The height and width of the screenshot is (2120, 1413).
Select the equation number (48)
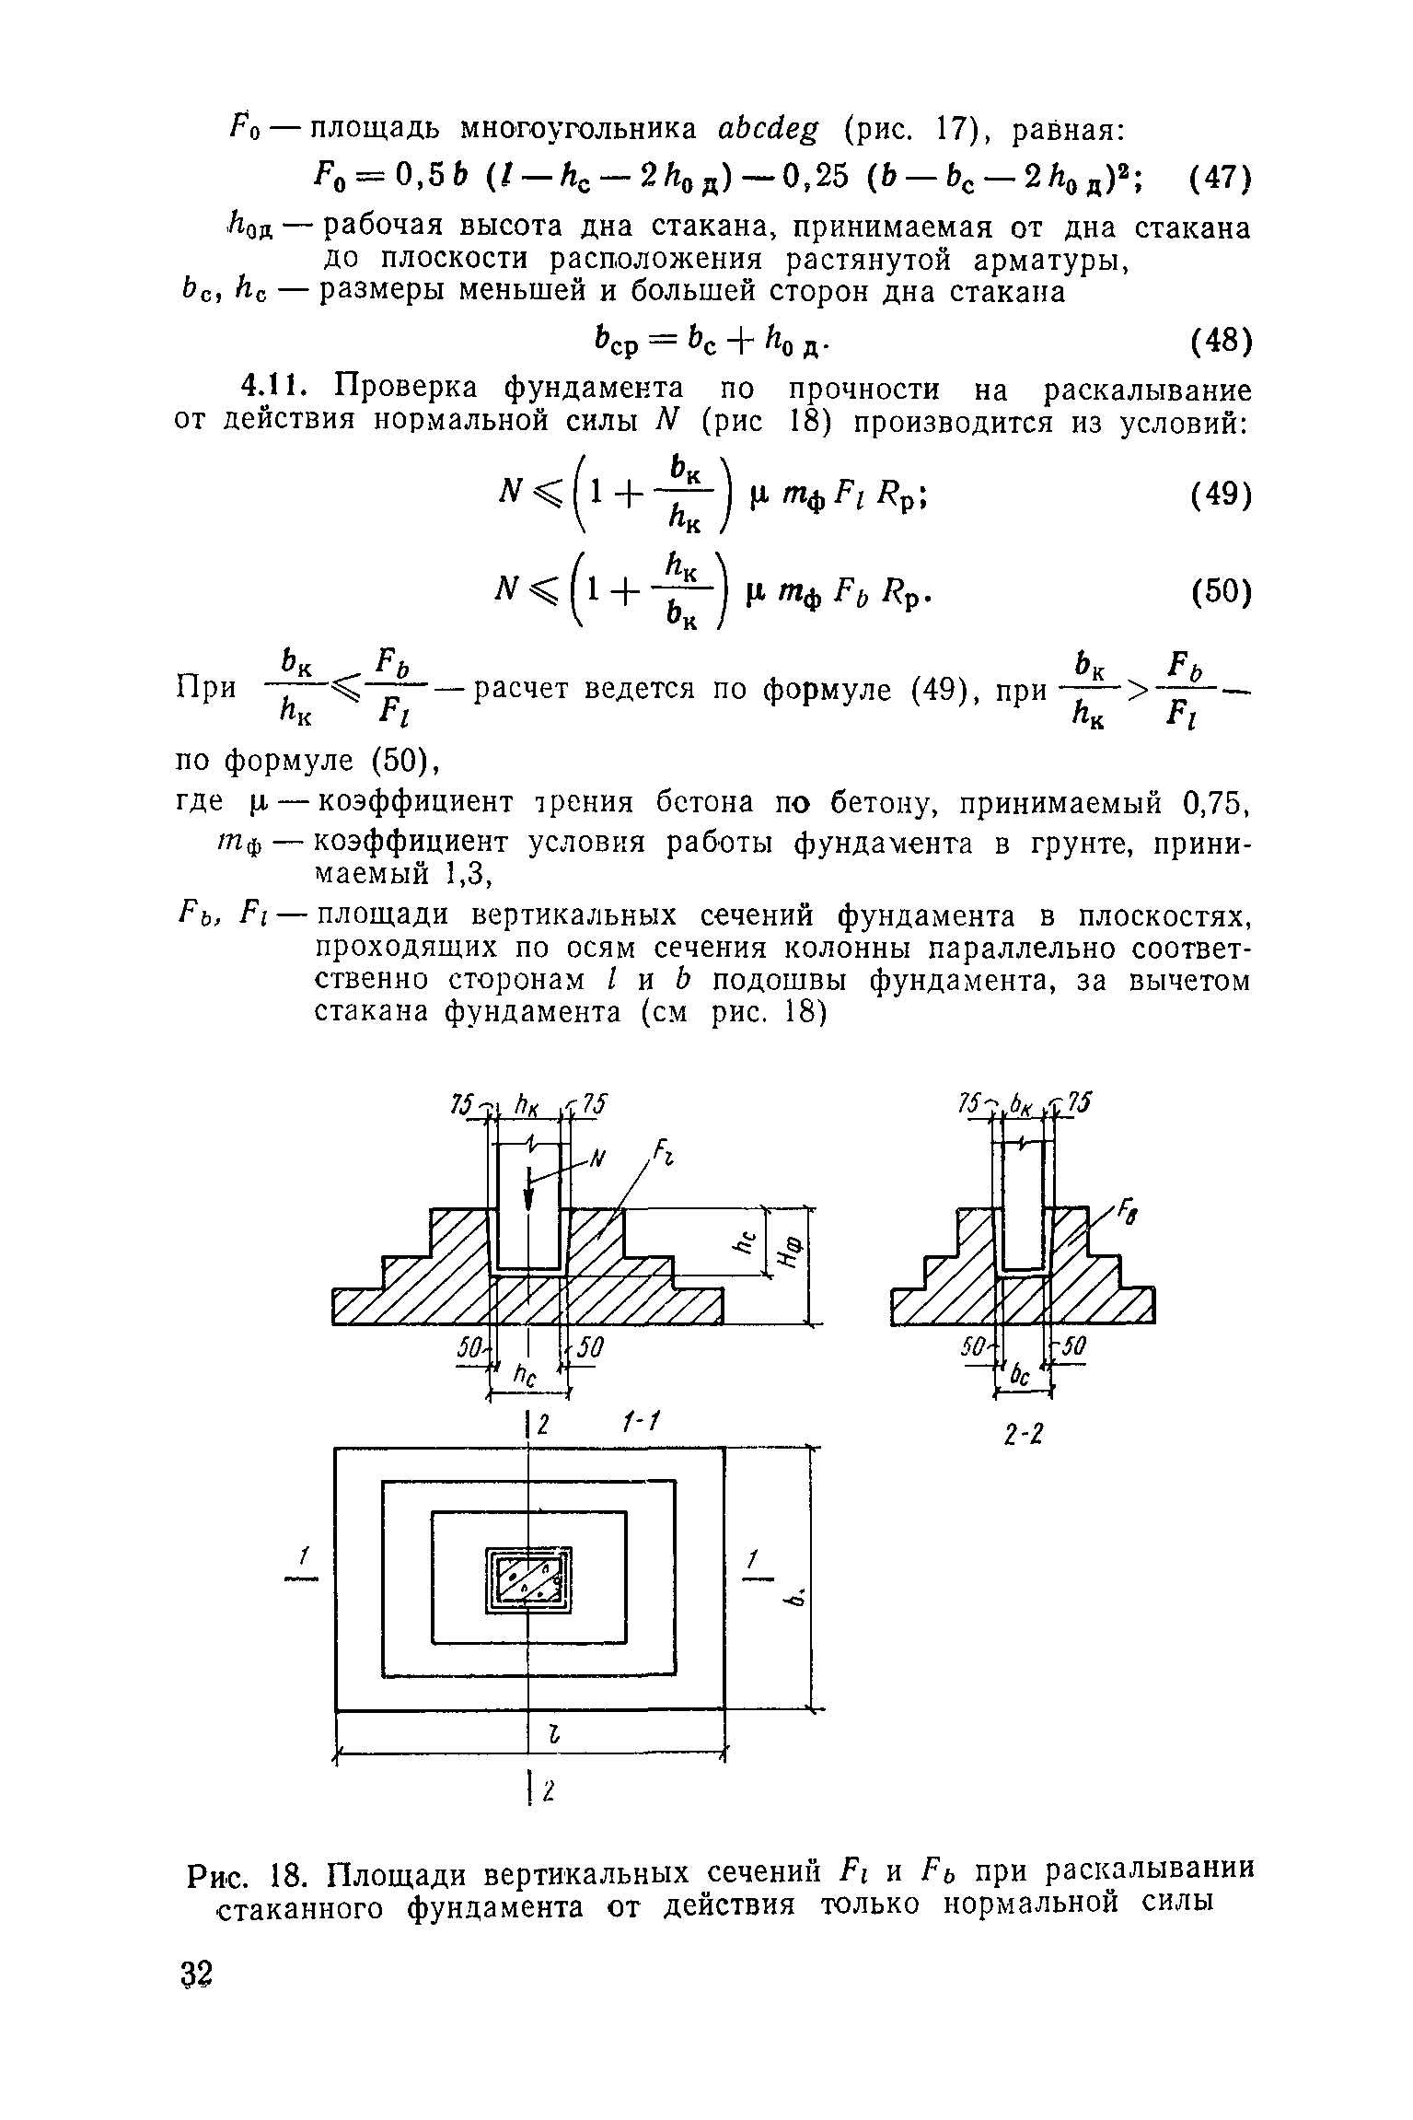pyautogui.click(x=1218, y=342)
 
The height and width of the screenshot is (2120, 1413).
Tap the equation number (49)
pyautogui.click(x=1218, y=496)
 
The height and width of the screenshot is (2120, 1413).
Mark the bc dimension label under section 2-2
pyautogui.click(x=1020, y=1376)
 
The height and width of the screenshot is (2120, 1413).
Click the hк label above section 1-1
pyautogui.click(x=528, y=1106)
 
